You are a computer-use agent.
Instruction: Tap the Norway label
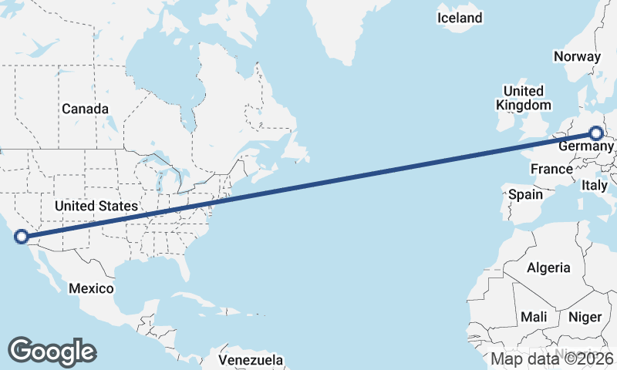pos(577,56)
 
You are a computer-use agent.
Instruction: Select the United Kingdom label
pos(524,98)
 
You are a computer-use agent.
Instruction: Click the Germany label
pos(582,146)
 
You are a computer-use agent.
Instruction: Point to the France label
pos(551,169)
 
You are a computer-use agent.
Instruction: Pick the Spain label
pos(525,194)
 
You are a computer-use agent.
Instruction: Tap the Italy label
pos(595,185)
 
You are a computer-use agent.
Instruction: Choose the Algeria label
pos(548,267)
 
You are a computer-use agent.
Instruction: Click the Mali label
pos(534,317)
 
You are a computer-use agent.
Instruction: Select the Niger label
pos(585,317)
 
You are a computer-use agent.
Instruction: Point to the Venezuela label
pos(251,360)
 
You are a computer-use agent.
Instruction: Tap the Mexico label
pos(91,288)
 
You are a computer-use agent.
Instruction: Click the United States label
pos(96,206)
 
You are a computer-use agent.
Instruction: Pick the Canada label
pos(85,109)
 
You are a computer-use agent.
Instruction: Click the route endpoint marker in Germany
pos(595,133)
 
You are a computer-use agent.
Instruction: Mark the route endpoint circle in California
pos(22,237)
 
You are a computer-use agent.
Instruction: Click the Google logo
pos(52,351)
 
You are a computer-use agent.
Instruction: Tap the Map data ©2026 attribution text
pos(551,358)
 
